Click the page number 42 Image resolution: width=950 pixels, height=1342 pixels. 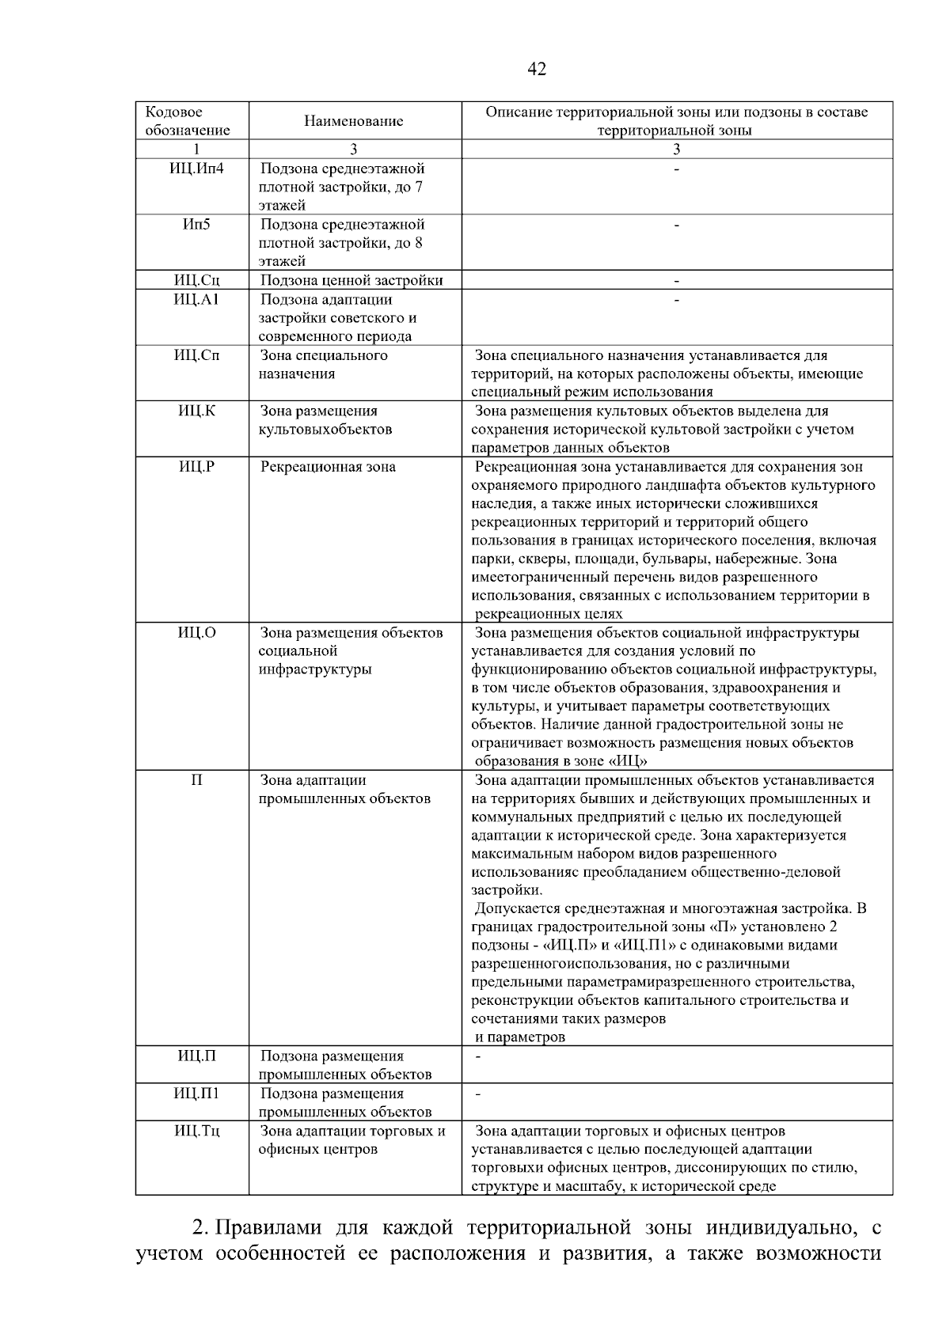click(x=536, y=70)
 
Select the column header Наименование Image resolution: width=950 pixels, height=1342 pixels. click(x=354, y=121)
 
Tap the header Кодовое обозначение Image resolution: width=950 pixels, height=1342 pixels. click(x=188, y=121)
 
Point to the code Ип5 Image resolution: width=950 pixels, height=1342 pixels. click(x=196, y=225)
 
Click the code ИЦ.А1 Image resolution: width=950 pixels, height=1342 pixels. click(x=196, y=300)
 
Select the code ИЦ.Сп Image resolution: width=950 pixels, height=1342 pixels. click(x=196, y=355)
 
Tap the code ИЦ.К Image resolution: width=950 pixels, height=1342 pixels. click(x=196, y=411)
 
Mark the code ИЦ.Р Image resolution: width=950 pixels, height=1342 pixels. click(x=196, y=467)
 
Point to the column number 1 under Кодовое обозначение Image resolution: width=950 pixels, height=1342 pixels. click(x=196, y=150)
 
